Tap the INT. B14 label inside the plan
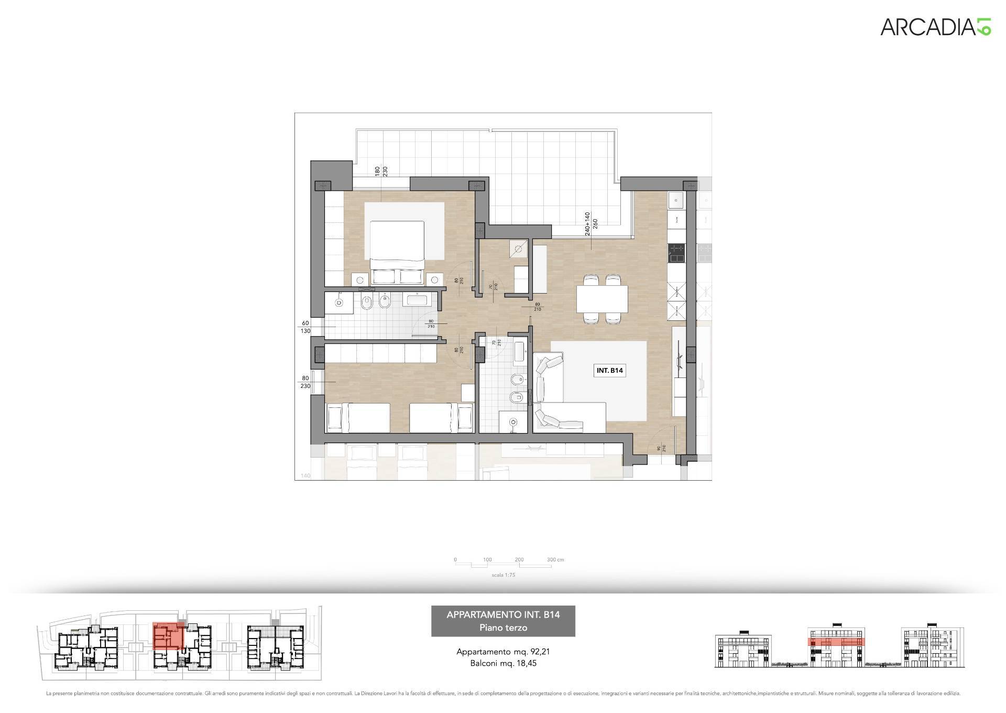point(609,371)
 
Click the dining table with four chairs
point(602,298)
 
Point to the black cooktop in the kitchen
point(675,254)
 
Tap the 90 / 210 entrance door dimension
point(661,448)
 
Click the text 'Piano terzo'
point(503,628)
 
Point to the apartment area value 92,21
point(539,652)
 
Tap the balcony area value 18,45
point(526,663)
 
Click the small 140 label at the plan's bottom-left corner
point(305,476)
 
